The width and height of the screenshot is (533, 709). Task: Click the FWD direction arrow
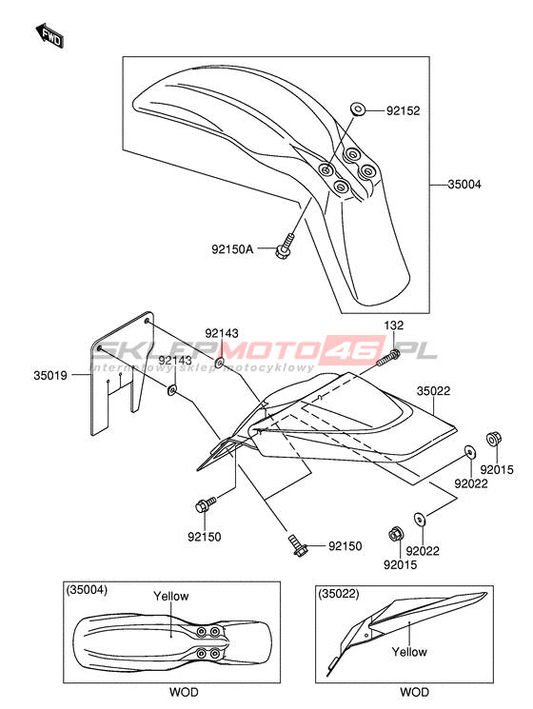(x=49, y=35)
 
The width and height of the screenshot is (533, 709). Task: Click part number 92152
(x=403, y=110)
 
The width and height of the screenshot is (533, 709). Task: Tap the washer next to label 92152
(x=358, y=109)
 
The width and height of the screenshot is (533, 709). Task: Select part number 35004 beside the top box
(x=464, y=185)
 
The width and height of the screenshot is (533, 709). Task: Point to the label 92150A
(x=232, y=248)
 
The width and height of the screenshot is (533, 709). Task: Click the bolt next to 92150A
(x=284, y=246)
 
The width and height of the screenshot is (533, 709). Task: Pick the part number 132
(x=394, y=325)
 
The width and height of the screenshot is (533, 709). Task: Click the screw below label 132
(x=388, y=357)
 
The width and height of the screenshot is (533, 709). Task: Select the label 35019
(x=50, y=375)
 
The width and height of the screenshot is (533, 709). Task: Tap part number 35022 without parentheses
(x=434, y=391)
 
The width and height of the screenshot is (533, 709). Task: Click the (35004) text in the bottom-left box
(x=87, y=590)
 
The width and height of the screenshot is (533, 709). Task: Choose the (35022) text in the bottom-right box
(x=339, y=594)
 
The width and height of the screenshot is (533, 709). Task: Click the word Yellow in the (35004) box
(x=170, y=597)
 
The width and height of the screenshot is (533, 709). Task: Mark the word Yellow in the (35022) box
(x=409, y=652)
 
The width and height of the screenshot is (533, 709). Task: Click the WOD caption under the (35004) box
(x=184, y=692)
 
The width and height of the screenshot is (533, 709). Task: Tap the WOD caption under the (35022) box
(x=414, y=692)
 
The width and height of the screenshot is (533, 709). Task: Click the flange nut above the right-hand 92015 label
(x=494, y=439)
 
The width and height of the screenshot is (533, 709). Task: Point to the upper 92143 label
(x=222, y=333)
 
